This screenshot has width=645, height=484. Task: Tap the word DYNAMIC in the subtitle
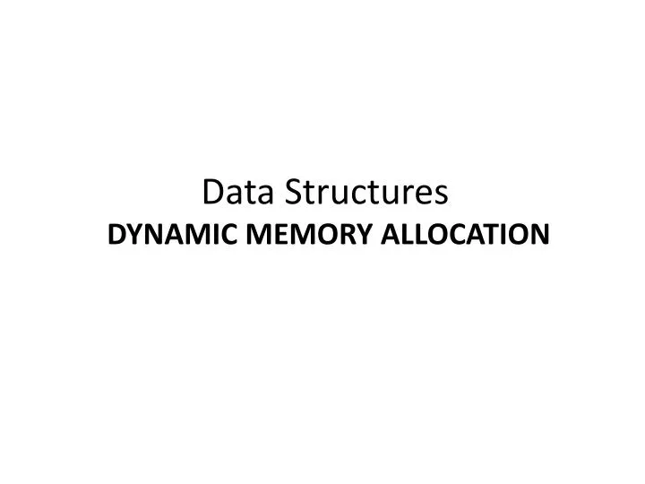(x=170, y=235)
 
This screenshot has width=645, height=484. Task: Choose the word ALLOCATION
(x=465, y=235)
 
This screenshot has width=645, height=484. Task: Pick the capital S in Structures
(x=294, y=192)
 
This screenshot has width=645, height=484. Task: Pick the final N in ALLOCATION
(x=538, y=235)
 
